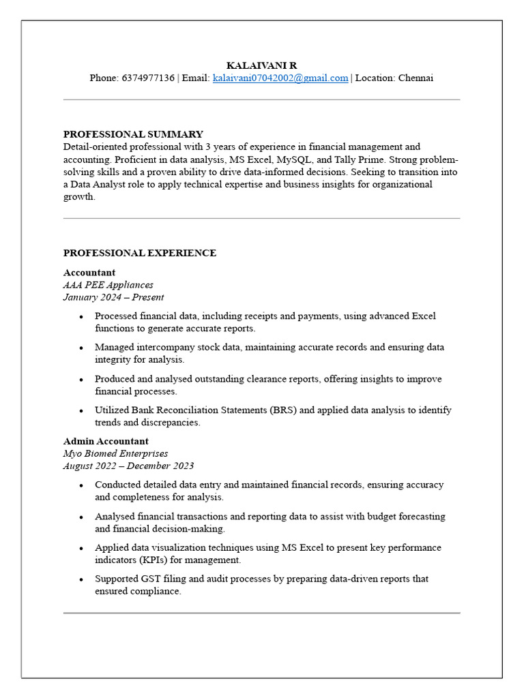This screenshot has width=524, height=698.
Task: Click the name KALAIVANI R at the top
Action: (x=261, y=65)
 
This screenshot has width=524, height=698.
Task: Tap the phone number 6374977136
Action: (x=148, y=78)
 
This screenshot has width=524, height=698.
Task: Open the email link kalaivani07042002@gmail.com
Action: (x=280, y=78)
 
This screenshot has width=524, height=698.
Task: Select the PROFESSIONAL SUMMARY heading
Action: (x=133, y=134)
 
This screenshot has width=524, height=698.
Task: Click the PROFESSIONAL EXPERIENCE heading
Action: (x=140, y=253)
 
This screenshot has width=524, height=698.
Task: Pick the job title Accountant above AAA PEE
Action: (x=89, y=273)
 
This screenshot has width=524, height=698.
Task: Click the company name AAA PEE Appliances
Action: (x=108, y=285)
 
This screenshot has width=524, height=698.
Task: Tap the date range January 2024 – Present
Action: (x=113, y=297)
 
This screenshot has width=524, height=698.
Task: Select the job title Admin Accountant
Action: (x=106, y=441)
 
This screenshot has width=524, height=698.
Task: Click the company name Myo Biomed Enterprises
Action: (x=115, y=453)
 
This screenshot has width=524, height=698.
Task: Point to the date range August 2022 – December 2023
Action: (x=128, y=466)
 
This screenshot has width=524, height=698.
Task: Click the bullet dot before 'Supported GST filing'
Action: (x=81, y=579)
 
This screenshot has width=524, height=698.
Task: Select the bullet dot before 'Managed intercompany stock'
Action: (x=81, y=348)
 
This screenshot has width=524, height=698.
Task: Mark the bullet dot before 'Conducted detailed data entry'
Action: (x=81, y=485)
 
